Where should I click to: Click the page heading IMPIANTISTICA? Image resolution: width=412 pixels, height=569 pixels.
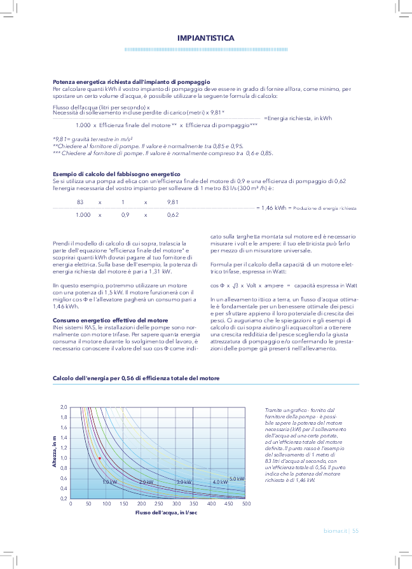205,38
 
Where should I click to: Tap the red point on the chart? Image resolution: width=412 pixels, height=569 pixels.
100,458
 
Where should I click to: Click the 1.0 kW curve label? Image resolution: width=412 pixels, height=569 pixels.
110,482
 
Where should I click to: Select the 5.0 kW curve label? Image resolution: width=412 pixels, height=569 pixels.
237,479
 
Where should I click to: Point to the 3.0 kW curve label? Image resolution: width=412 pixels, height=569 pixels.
184,482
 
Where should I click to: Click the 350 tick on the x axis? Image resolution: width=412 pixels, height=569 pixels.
194,504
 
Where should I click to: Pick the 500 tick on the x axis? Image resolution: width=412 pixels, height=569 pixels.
247,504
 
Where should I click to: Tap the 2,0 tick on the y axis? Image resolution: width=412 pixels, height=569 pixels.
63,407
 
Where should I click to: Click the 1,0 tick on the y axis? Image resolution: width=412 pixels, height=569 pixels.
63,458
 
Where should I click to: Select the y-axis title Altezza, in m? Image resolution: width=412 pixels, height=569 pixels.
55,453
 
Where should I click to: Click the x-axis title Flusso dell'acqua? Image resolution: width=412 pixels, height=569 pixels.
161,512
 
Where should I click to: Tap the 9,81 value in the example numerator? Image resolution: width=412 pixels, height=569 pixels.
172,202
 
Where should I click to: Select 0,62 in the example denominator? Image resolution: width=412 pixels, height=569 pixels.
172,215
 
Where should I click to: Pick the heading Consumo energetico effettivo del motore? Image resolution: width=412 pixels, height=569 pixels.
110,320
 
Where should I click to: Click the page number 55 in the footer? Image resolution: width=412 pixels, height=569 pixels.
356,530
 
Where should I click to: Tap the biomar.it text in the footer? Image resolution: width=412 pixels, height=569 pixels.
336,530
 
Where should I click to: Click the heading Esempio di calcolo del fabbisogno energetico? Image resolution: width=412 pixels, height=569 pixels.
116,174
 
